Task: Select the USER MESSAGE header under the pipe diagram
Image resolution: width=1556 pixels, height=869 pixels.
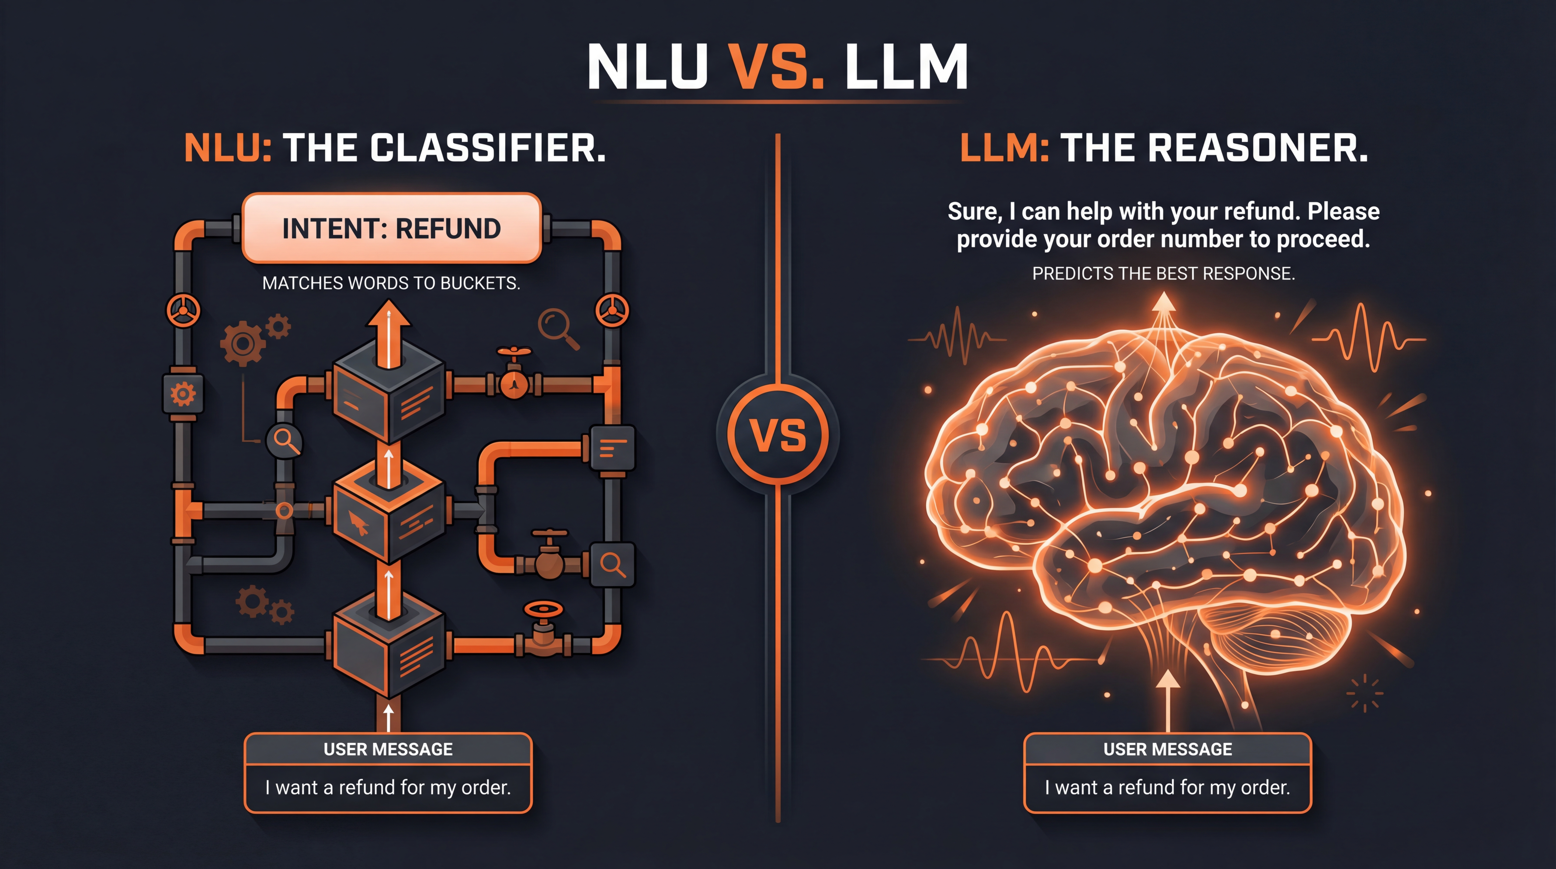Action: tap(388, 749)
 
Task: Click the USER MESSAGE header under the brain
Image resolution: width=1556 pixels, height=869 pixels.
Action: tap(1168, 749)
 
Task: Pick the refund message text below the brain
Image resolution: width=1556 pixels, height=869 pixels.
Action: tap(1168, 788)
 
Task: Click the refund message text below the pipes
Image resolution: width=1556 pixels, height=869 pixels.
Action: tap(388, 788)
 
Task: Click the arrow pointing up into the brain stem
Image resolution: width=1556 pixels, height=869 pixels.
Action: tap(1168, 701)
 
